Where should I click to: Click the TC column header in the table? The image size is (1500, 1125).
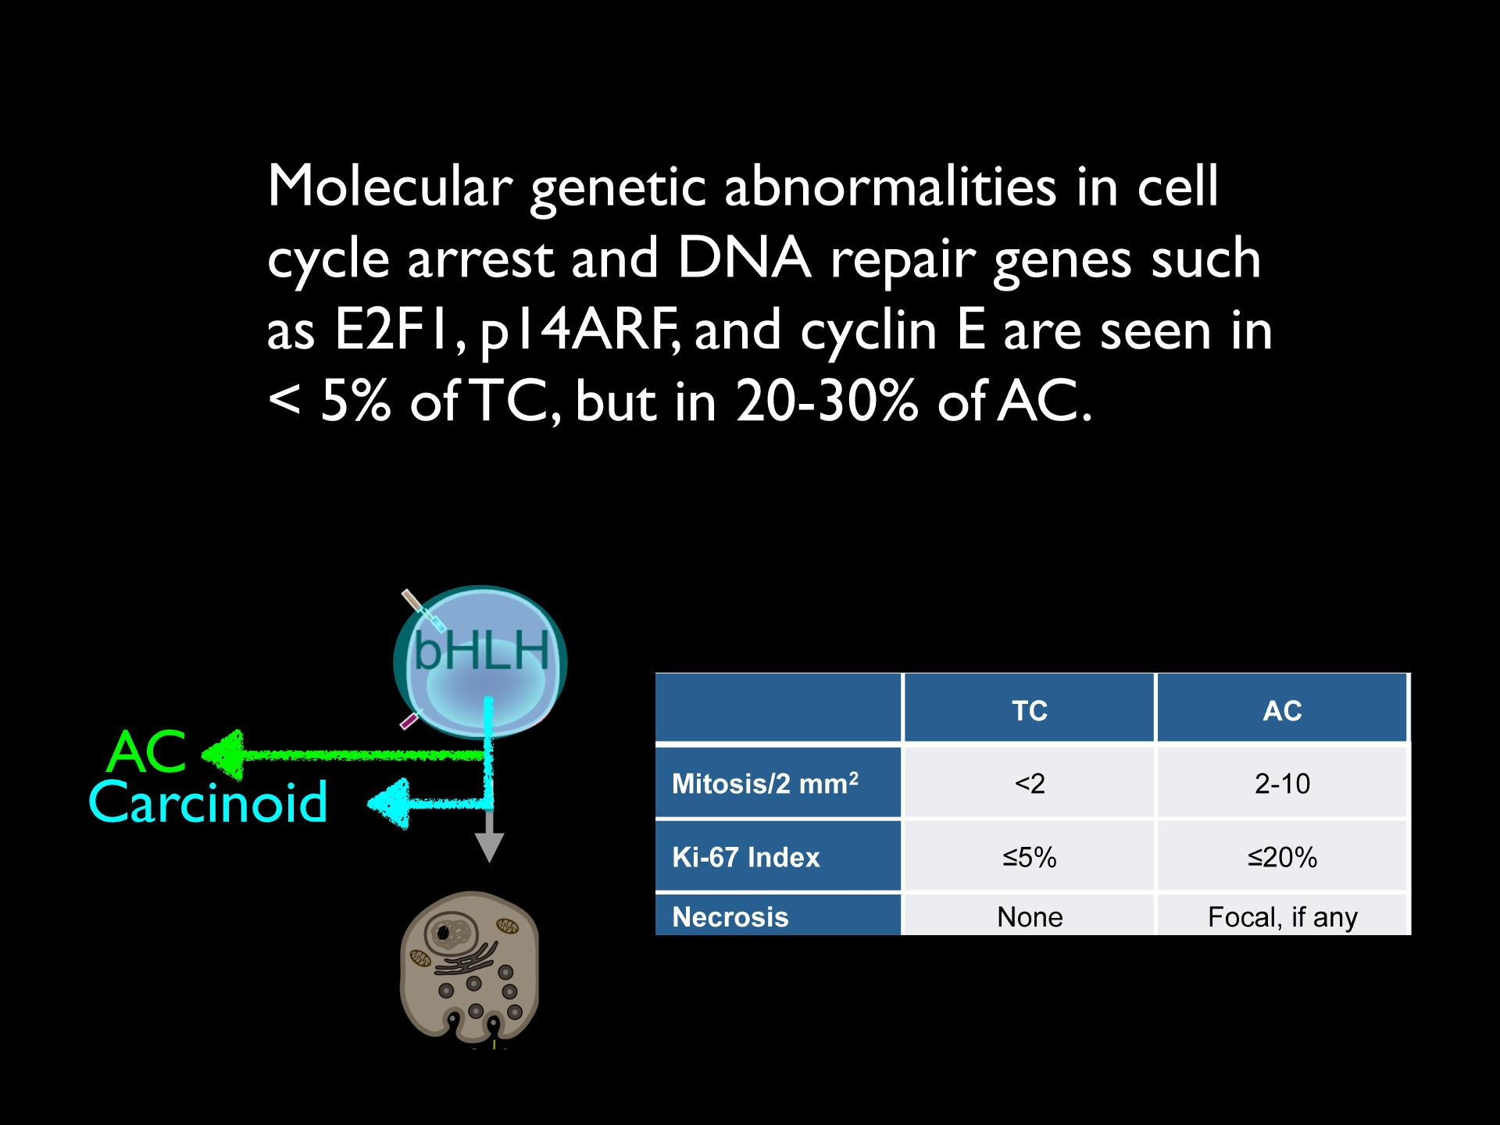click(x=1029, y=711)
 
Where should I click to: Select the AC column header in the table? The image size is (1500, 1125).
click(x=1282, y=711)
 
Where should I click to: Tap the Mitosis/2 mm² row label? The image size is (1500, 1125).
click(x=765, y=783)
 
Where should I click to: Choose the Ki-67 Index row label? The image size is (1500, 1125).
click(x=746, y=858)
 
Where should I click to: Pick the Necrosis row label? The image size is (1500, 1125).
click(x=730, y=916)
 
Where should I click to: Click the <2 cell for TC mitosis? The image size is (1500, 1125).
click(x=1029, y=784)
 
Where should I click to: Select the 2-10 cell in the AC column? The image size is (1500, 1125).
click(x=1282, y=784)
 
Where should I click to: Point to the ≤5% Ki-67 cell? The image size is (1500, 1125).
click(x=1029, y=858)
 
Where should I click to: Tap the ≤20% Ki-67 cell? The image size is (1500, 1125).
click(x=1282, y=858)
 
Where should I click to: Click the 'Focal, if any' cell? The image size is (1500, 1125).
click(x=1282, y=917)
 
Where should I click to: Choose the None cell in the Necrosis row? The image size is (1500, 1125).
click(x=1030, y=916)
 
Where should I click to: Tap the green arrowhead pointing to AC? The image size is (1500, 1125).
click(x=222, y=755)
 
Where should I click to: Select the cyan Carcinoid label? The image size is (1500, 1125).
click(x=208, y=802)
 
